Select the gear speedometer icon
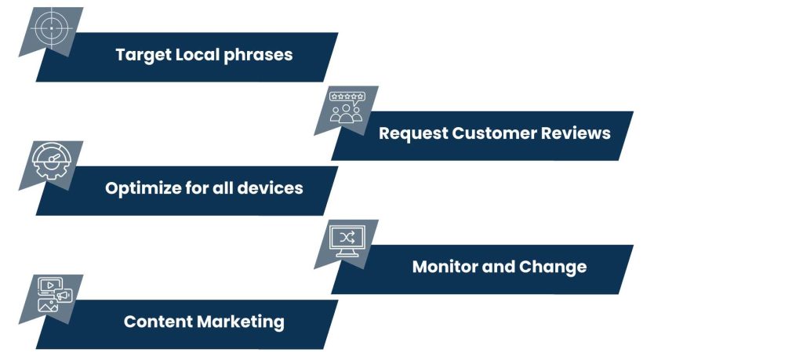(x=51, y=162)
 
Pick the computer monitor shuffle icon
(x=346, y=240)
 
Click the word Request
(x=413, y=133)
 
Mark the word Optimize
(x=140, y=189)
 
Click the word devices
(x=271, y=189)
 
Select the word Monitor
(x=445, y=267)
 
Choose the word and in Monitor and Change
(x=499, y=267)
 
